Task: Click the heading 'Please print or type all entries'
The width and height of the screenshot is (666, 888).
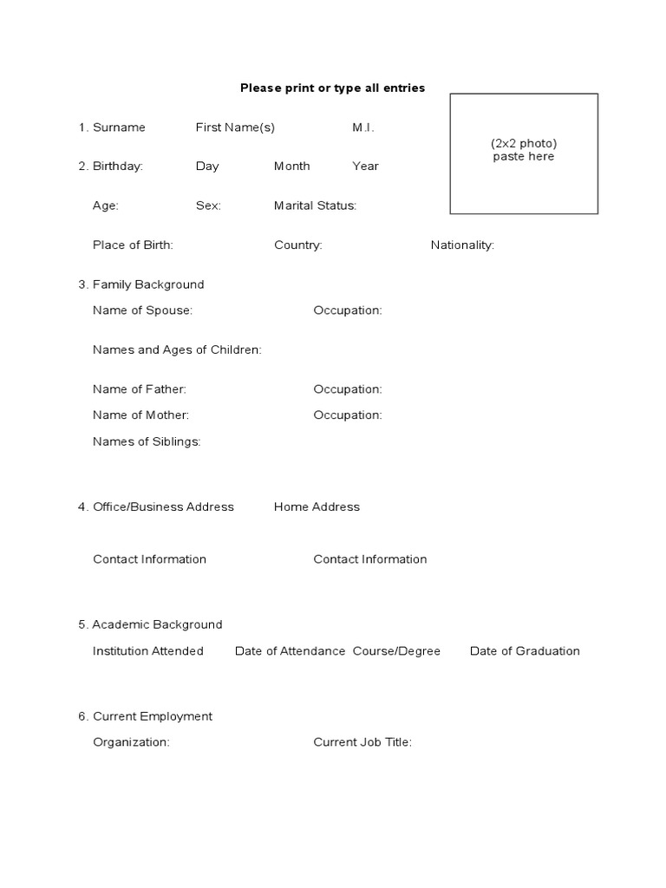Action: pyautogui.click(x=332, y=88)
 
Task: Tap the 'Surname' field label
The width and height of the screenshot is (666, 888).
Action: pyautogui.click(x=119, y=127)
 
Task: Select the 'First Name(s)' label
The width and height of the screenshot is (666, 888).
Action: pyautogui.click(x=235, y=127)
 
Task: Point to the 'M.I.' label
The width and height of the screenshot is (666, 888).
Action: pyautogui.click(x=363, y=127)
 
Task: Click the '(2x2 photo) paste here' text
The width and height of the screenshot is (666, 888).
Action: pyautogui.click(x=524, y=150)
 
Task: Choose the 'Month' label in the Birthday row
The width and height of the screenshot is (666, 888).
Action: pyautogui.click(x=291, y=166)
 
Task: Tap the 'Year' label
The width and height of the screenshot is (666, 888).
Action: pyautogui.click(x=365, y=166)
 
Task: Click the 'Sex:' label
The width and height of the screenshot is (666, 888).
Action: pyautogui.click(x=208, y=206)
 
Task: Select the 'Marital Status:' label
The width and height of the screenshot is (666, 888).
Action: pyautogui.click(x=315, y=206)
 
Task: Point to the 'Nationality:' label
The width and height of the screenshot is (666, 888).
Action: pyautogui.click(x=462, y=245)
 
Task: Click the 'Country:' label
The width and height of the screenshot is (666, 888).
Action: pyautogui.click(x=297, y=245)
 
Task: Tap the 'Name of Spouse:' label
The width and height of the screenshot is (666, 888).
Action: pyautogui.click(x=142, y=310)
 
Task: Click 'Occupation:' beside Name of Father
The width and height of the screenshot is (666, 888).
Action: pyautogui.click(x=347, y=389)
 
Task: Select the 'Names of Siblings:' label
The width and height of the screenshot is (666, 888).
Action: pyautogui.click(x=147, y=441)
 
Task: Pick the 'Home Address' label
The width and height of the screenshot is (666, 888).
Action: pyautogui.click(x=317, y=506)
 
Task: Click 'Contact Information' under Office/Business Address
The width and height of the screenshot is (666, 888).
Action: pyautogui.click(x=149, y=559)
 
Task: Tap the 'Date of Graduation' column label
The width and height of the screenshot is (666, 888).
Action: pyautogui.click(x=525, y=651)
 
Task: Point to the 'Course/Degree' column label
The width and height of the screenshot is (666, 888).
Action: pyautogui.click(x=396, y=651)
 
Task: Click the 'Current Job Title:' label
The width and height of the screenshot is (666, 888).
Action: pyautogui.click(x=362, y=742)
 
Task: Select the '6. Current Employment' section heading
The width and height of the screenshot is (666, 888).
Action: pyautogui.click(x=145, y=716)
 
